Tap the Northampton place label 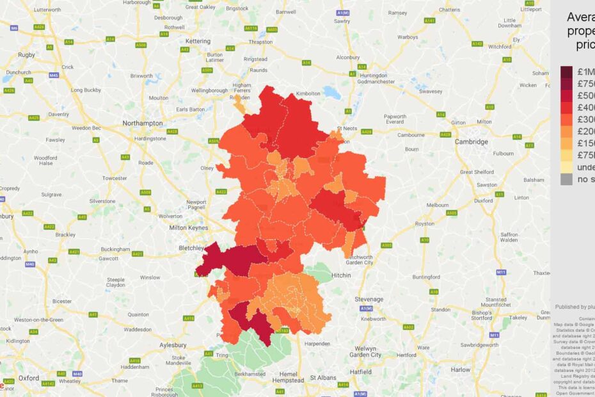tap(145, 122)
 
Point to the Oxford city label tap(28, 378)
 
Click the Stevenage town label tap(369, 299)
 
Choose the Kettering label tap(198, 41)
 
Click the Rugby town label tap(26, 55)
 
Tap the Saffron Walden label tap(509, 237)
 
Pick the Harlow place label tap(460, 369)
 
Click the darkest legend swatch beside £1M tap(567, 72)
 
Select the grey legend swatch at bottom tap(567, 179)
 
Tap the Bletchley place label tap(190, 247)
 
